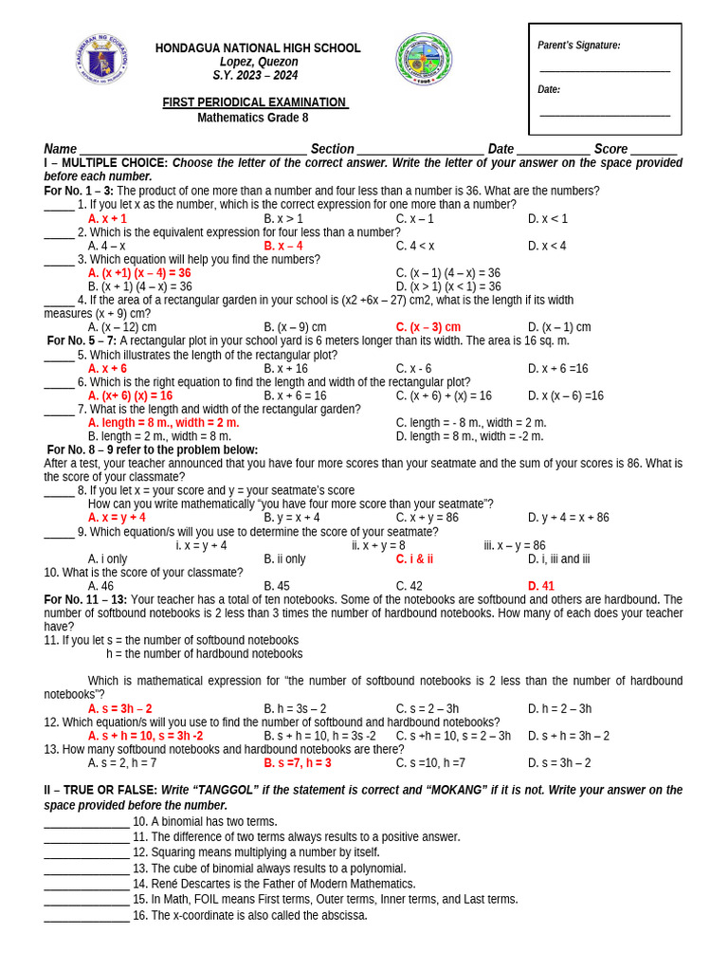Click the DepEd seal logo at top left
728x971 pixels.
(100, 60)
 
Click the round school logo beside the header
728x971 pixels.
(424, 59)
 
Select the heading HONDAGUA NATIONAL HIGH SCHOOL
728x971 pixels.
(258, 48)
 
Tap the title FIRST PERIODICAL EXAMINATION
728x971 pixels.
(254, 102)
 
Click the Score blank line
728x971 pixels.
(654, 151)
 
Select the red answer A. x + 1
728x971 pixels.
(107, 219)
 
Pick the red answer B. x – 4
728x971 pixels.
(283, 247)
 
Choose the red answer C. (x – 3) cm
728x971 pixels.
(428, 327)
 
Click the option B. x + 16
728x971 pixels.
(285, 369)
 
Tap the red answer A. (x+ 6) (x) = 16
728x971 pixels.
(130, 395)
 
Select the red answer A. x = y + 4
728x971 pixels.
(117, 518)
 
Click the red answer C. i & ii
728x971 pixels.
(414, 559)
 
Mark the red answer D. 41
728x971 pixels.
(540, 586)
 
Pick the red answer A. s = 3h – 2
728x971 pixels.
(119, 708)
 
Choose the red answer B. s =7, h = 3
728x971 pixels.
(298, 763)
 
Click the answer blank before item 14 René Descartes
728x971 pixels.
(86, 885)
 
